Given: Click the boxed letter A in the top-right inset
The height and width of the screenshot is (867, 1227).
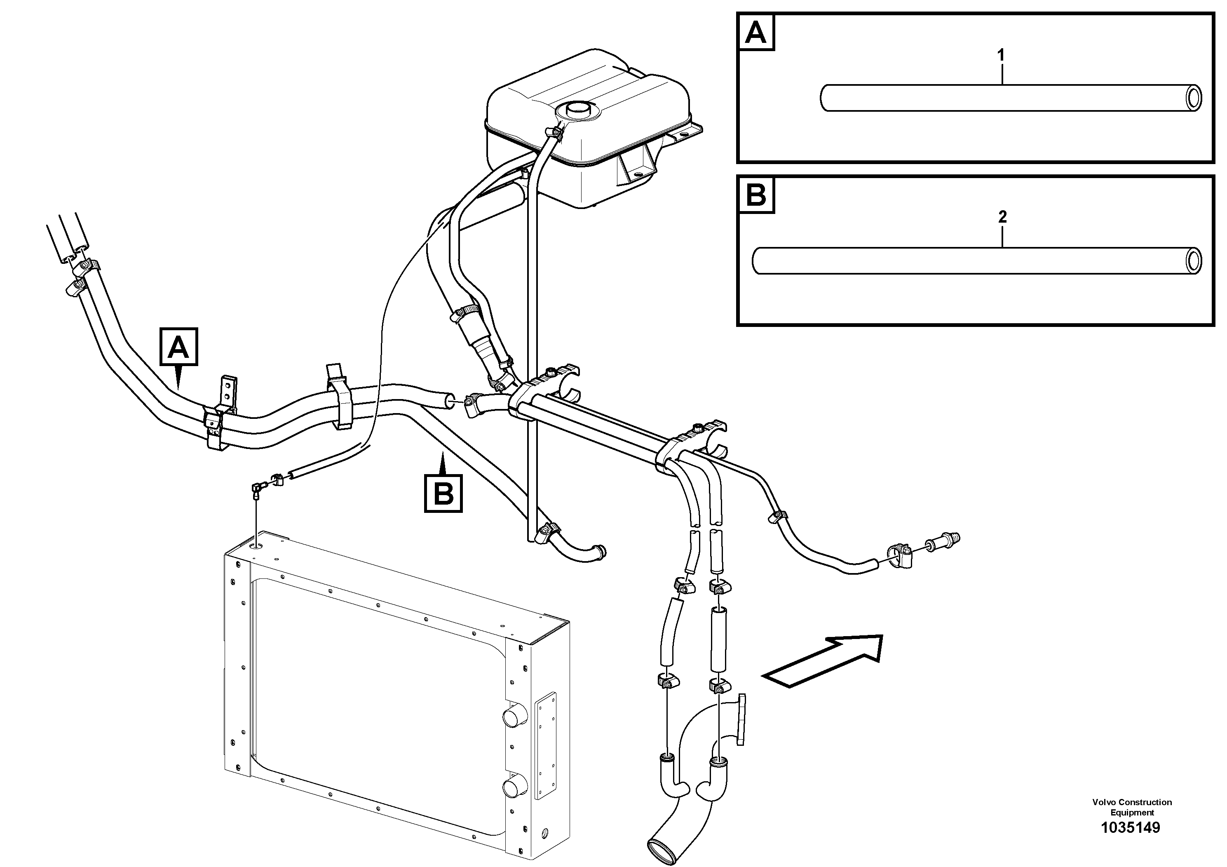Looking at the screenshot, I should [x=755, y=33].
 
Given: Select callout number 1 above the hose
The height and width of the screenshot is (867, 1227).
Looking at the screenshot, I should [x=1001, y=55].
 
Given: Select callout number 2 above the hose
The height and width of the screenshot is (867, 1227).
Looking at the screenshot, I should [x=1002, y=217].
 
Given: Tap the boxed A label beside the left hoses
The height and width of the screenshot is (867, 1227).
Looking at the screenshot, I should [x=178, y=348].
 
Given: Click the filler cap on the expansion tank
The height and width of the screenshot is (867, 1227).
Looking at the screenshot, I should [x=576, y=110].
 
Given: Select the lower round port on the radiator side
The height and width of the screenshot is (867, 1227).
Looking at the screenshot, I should [x=514, y=788].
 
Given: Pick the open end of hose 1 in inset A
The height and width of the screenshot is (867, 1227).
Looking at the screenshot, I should [x=1193, y=99].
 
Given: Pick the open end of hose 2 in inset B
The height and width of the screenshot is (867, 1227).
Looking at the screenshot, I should [x=1193, y=261].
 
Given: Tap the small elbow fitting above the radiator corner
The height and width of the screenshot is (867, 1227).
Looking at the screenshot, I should [x=258, y=489].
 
